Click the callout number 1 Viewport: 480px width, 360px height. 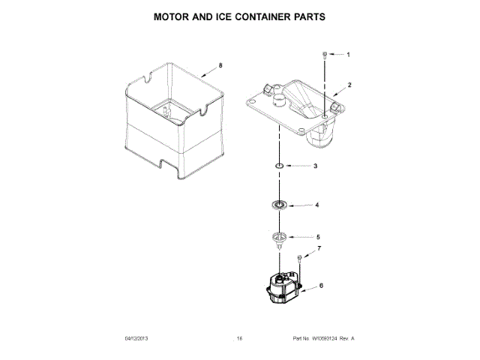pyautogui.click(x=347, y=55)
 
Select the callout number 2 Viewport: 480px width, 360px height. pyautogui.click(x=349, y=85)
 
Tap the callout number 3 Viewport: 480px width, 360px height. pyautogui.click(x=315, y=166)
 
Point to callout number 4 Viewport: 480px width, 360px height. pyautogui.click(x=316, y=205)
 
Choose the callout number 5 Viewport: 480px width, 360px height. pyautogui.click(x=316, y=237)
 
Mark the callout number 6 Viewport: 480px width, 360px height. pyautogui.click(x=322, y=286)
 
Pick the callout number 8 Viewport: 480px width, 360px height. pyautogui.click(x=220, y=66)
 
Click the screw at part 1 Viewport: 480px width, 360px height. pyautogui.click(x=324, y=55)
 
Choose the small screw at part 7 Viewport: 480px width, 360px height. pyautogui.click(x=300, y=258)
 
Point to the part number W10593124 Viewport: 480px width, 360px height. pyautogui.click(x=322, y=338)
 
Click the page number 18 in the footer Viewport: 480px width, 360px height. pyautogui.click(x=239, y=338)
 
